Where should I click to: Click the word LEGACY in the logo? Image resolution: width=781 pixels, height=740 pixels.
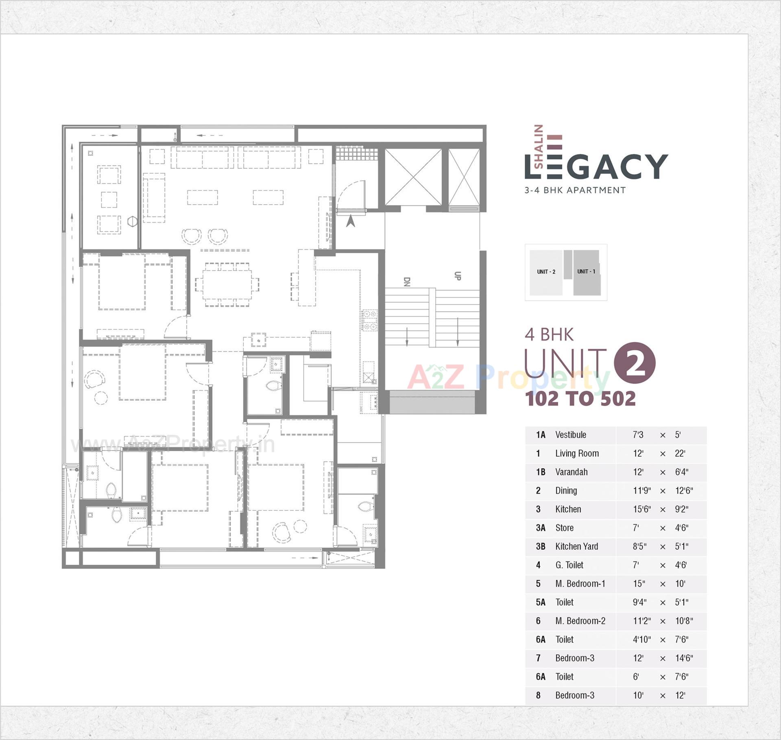pos(596,167)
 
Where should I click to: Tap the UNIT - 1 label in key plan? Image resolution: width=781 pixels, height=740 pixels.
pos(586,271)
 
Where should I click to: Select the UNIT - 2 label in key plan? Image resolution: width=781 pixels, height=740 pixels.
pos(546,272)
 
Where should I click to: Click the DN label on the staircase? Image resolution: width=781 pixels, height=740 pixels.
pos(406,282)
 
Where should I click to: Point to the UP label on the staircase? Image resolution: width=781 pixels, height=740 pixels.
pos(457,276)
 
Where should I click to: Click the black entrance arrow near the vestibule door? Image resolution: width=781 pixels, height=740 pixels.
pos(350,221)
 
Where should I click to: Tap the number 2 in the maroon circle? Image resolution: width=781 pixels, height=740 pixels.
pos(634,363)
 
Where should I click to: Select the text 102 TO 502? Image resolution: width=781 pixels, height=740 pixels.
pos(580,399)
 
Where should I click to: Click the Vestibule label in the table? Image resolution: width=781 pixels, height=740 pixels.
pos(570,434)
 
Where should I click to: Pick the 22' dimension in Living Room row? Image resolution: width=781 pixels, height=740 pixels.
pos(680,453)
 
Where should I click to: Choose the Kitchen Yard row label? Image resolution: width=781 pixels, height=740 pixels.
pos(576,546)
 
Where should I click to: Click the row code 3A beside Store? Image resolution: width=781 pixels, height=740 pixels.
pos(540,528)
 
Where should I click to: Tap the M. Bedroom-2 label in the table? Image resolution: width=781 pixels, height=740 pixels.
pos(580,621)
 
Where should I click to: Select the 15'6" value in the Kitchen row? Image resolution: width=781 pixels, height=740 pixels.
pos(641,509)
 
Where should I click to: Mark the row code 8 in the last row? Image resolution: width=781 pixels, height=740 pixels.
pos(538,695)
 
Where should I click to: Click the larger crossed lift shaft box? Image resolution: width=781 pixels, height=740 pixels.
pos(413,177)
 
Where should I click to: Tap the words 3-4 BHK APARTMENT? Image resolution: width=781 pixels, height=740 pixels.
pos(575,190)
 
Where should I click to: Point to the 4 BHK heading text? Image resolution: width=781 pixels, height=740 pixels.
pos(549,334)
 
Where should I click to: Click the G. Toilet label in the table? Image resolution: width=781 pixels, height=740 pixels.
pos(569,565)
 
